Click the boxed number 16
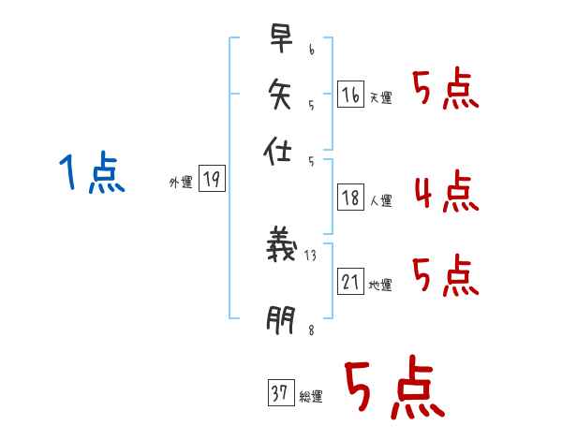click(x=349, y=94)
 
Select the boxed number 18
click(x=350, y=197)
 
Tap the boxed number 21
click(x=350, y=282)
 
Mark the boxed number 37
click(x=279, y=394)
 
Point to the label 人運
click(x=380, y=200)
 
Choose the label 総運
click(x=310, y=397)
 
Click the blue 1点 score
click(x=91, y=174)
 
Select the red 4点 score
click(x=446, y=195)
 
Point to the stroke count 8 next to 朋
click(x=310, y=329)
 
